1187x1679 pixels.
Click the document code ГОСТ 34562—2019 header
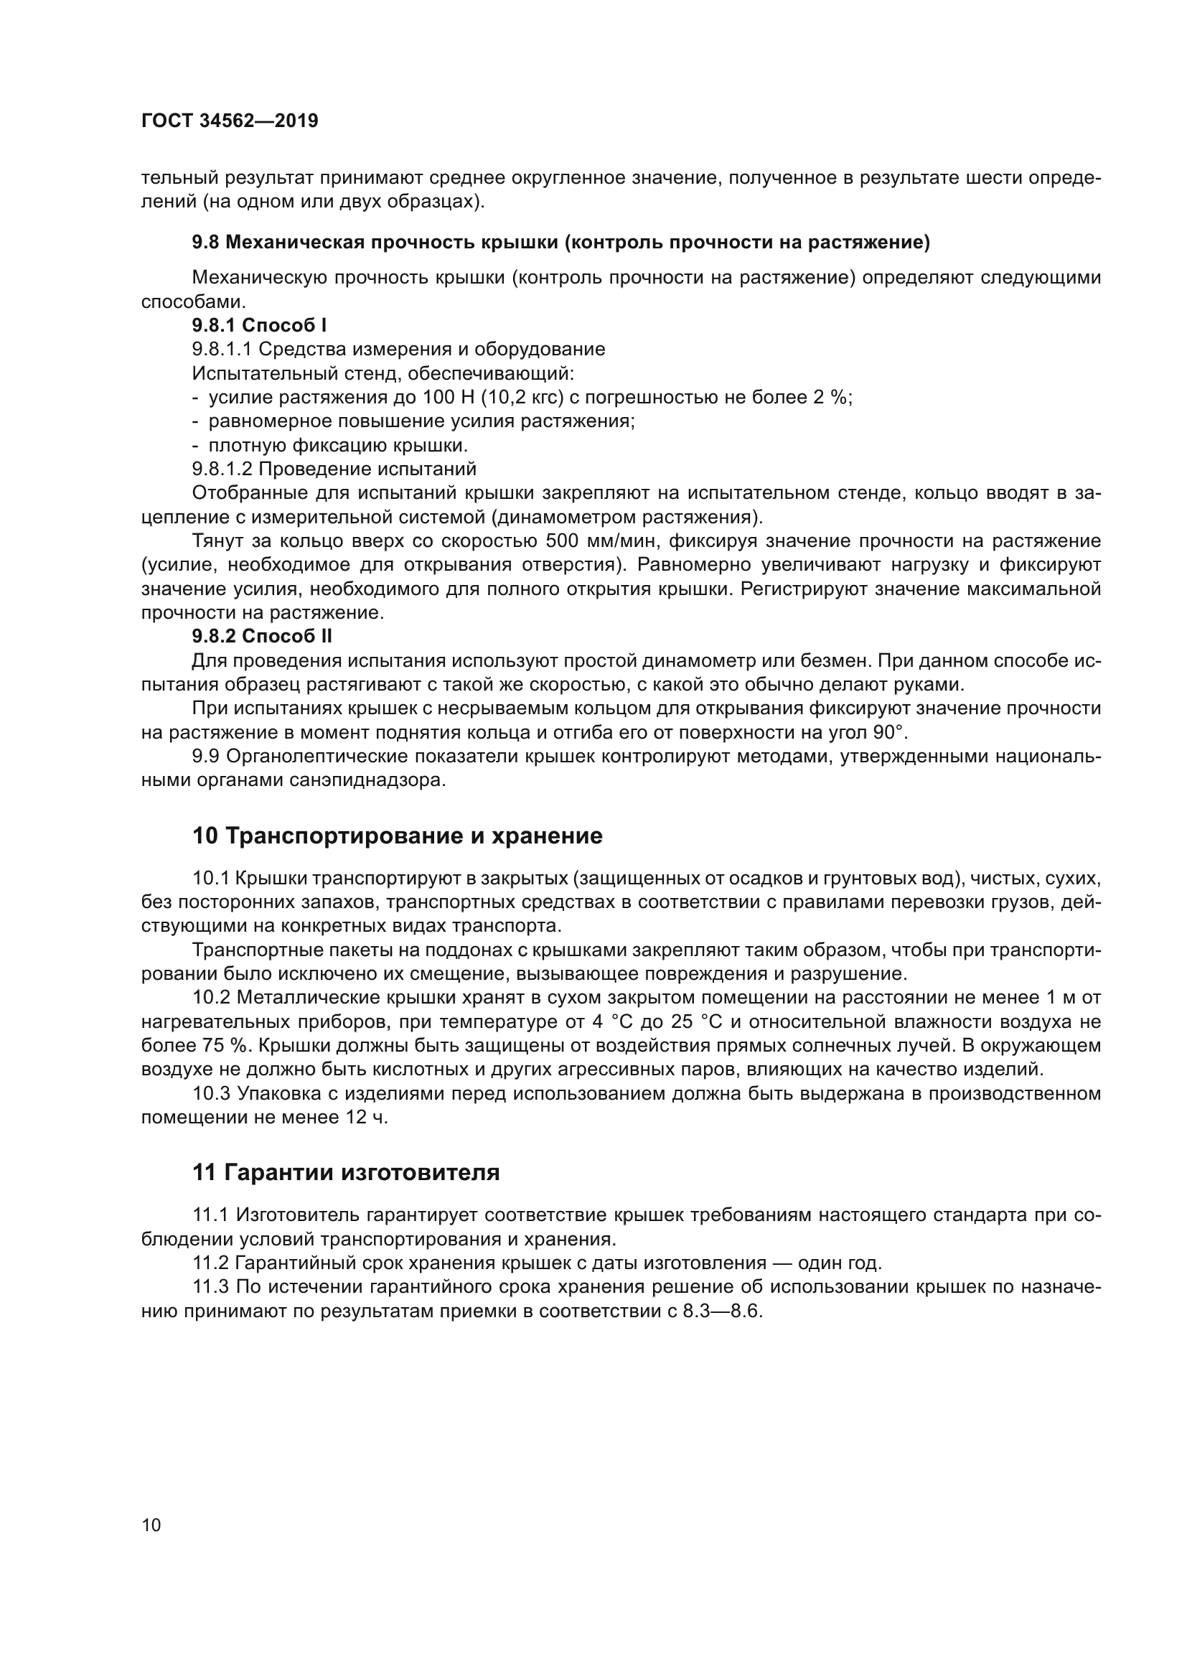point(230,121)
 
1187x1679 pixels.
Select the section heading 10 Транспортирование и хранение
point(397,836)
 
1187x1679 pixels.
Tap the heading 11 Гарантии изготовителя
point(346,1173)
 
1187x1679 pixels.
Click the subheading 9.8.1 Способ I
point(259,325)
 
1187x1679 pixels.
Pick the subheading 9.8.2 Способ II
point(262,636)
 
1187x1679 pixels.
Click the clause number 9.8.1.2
point(222,469)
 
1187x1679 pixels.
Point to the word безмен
point(833,661)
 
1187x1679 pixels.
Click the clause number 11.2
point(210,1263)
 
